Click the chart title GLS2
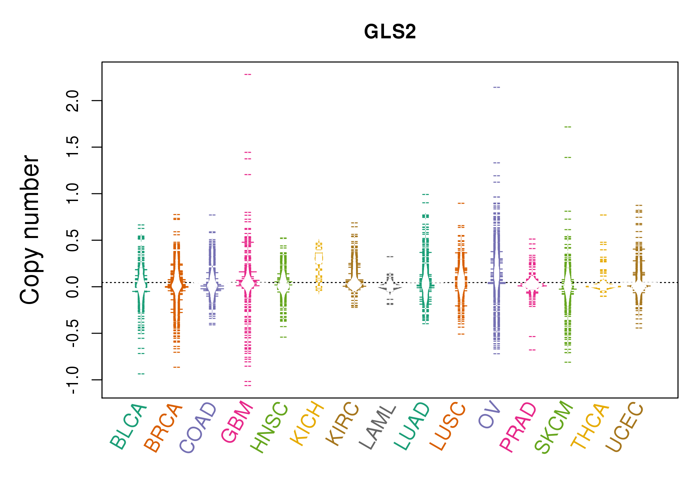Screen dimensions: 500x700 [390, 32]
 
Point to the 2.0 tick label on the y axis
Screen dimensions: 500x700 [73, 101]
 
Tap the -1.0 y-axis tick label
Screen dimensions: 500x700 [73, 380]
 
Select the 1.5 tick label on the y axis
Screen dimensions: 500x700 [73, 147]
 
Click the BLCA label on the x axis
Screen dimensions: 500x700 [128, 426]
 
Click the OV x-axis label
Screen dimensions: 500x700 [489, 415]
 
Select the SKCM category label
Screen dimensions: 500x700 [554, 427]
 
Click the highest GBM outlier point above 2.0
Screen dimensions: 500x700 [248, 74]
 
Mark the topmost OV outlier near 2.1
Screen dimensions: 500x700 [497, 87]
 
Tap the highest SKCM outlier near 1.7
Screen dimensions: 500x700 [568, 127]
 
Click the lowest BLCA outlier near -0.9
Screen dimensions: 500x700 [141, 374]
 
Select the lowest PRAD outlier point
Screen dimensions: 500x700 [532, 350]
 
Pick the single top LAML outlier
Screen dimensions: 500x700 [390, 257]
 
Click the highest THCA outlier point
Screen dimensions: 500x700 [603, 215]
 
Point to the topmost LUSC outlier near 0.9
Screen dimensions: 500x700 [461, 203]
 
